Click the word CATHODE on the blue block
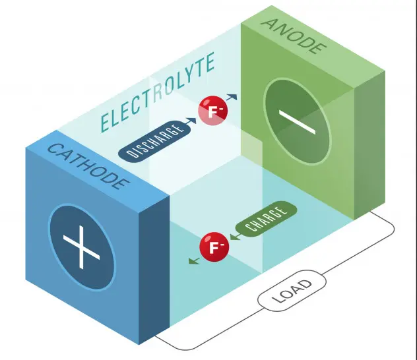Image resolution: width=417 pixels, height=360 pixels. [x=88, y=167]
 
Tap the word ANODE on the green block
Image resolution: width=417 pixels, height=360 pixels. [x=294, y=36]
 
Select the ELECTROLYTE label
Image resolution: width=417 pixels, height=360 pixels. [x=158, y=92]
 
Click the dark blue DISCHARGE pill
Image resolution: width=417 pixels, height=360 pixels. [x=154, y=141]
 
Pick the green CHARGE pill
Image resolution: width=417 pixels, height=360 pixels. [x=266, y=219]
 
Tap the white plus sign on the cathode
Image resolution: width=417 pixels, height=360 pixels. [x=81, y=247]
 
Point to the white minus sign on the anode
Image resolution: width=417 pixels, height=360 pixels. [x=297, y=122]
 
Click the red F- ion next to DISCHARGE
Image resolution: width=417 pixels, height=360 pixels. [x=212, y=111]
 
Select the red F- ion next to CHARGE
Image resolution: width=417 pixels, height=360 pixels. [x=214, y=247]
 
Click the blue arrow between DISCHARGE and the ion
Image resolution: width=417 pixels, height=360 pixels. [x=191, y=121]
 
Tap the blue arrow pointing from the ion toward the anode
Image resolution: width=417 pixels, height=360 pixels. [x=232, y=97]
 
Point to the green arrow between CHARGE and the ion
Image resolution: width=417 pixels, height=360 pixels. [x=236, y=237]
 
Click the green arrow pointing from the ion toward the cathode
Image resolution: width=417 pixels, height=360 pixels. [x=194, y=260]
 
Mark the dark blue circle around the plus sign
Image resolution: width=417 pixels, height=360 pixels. [x=81, y=247]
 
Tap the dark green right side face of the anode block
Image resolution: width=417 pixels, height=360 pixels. [x=369, y=145]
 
